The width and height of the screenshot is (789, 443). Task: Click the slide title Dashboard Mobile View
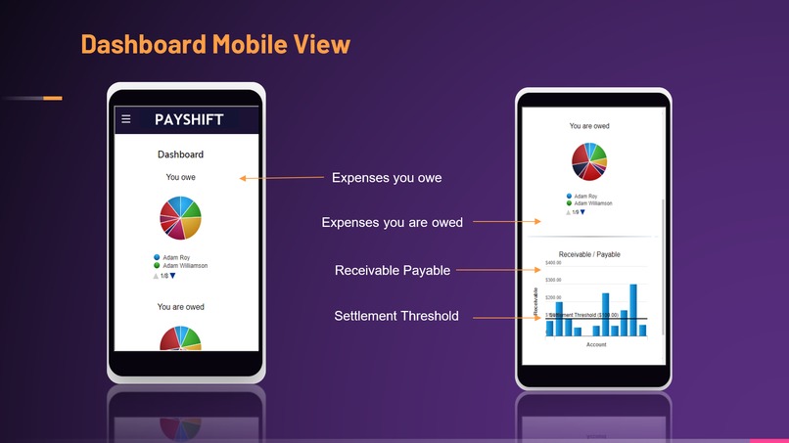(214, 44)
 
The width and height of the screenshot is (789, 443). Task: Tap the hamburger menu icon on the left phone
(125, 119)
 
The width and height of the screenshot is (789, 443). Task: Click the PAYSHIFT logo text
(189, 119)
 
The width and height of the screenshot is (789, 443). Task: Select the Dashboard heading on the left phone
(180, 155)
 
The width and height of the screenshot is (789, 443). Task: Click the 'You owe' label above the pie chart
(180, 177)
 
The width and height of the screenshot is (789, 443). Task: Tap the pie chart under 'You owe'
(180, 217)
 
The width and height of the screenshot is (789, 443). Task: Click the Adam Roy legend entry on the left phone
(177, 257)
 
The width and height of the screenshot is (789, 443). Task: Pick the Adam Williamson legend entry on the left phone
(184, 265)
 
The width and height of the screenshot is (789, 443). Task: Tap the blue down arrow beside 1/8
(172, 276)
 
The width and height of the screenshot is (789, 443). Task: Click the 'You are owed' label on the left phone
(180, 307)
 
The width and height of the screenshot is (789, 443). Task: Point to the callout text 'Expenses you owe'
(387, 178)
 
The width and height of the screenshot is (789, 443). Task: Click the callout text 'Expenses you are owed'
(392, 223)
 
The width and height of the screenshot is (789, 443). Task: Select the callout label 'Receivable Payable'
(392, 270)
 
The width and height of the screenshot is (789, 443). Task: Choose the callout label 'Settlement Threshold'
(395, 316)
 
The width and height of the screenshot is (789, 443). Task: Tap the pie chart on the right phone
(589, 161)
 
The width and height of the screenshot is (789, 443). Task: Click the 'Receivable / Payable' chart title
(589, 254)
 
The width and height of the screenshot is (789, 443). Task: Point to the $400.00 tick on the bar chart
(553, 263)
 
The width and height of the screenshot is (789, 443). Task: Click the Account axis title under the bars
(596, 344)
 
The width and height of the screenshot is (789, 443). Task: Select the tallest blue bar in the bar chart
(633, 310)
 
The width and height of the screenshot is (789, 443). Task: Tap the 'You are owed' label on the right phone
(589, 126)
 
